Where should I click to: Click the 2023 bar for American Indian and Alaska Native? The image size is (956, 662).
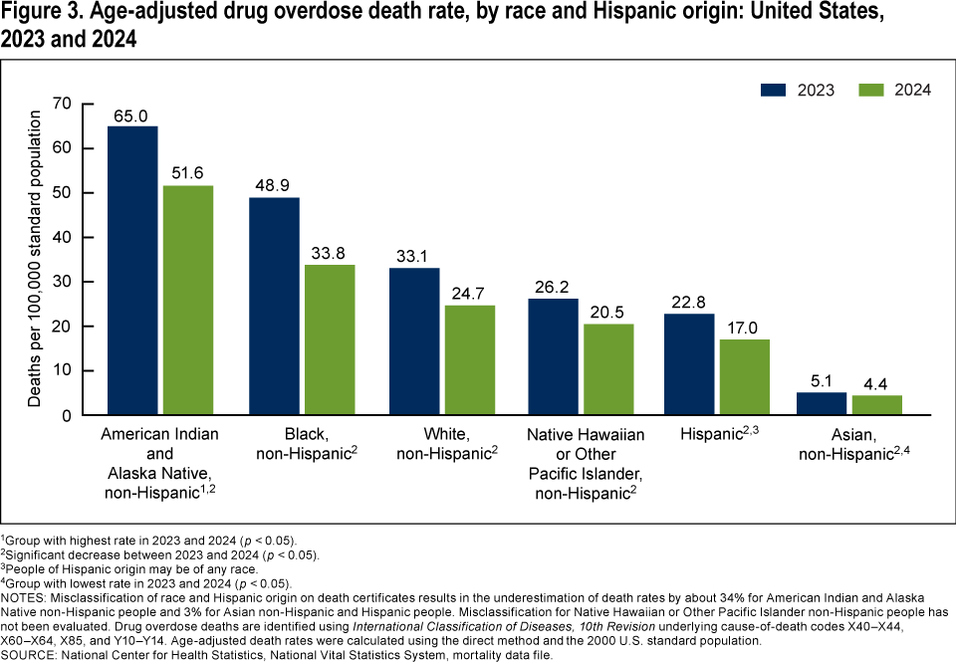[x=132, y=270]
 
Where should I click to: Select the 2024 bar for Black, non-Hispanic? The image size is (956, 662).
[x=329, y=339]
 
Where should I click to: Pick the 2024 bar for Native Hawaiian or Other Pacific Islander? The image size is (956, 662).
[x=607, y=369]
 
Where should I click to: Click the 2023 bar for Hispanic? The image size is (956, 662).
[x=689, y=364]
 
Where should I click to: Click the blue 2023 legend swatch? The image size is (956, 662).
[x=775, y=89]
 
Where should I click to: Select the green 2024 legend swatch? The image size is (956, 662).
[x=870, y=89]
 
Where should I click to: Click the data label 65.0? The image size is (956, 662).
[x=132, y=115]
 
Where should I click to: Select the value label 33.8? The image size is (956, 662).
[x=329, y=254]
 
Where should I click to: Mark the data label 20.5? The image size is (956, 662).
[x=607, y=314]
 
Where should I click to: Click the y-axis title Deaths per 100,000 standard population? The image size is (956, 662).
[x=35, y=259]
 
